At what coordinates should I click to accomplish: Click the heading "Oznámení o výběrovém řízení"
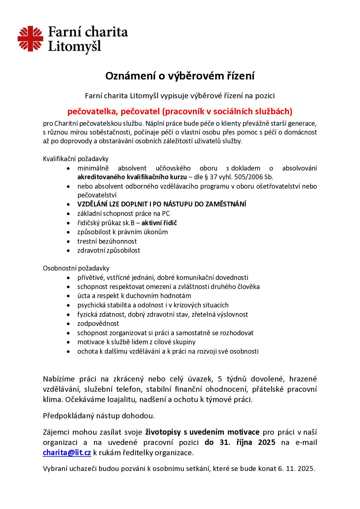click(x=180, y=76)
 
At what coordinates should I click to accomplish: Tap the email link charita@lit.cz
click(x=67, y=453)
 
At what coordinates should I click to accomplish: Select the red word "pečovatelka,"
click(x=92, y=112)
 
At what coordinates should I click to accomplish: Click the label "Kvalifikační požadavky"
click(x=76, y=159)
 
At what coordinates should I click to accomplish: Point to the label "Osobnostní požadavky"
click(x=76, y=268)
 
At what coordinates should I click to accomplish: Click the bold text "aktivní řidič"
click(x=159, y=223)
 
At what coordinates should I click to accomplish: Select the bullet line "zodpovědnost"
click(x=98, y=323)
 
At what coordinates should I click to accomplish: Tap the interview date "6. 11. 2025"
click(x=296, y=469)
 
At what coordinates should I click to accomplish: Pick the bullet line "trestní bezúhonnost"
click(x=107, y=241)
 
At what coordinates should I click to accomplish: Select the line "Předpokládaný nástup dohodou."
click(x=99, y=416)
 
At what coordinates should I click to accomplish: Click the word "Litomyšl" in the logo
click(x=74, y=47)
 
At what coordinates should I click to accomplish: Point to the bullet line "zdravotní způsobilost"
click(x=109, y=250)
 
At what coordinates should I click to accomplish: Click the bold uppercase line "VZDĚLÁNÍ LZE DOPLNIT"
click(x=162, y=204)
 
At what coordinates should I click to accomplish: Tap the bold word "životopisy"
click(x=163, y=432)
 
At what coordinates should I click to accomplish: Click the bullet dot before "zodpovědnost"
click(x=70, y=324)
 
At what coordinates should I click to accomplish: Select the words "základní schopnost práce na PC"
click(x=123, y=214)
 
